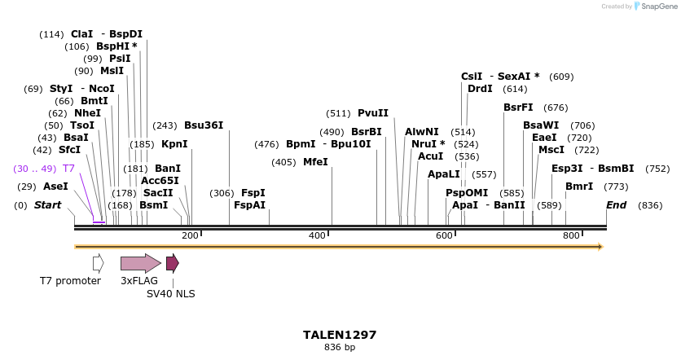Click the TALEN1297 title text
tap(340, 335)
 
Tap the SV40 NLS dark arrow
tap(172, 263)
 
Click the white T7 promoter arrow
tap(98, 263)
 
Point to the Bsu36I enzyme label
tap(203, 125)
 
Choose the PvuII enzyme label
tap(373, 113)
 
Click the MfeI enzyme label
tap(315, 162)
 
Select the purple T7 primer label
tap(69, 169)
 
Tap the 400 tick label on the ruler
tap(317, 235)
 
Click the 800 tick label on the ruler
tap(571, 235)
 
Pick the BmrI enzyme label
tap(579, 187)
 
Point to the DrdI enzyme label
tap(480, 89)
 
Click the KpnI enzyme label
tap(174, 144)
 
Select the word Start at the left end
tap(47, 205)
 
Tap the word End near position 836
tap(616, 205)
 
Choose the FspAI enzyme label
tap(249, 205)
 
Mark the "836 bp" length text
tap(340, 348)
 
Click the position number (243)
tap(165, 125)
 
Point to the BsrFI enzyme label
tap(518, 108)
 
